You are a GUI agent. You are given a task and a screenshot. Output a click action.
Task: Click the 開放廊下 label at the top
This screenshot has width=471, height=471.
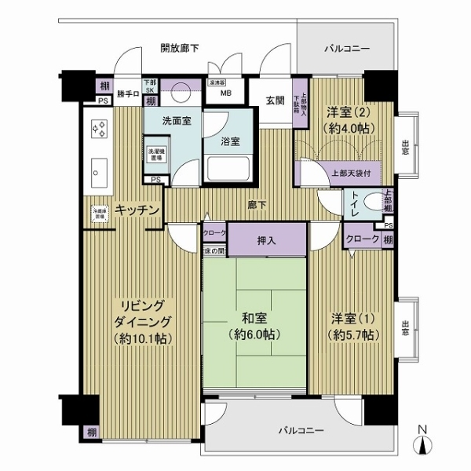click(x=179, y=49)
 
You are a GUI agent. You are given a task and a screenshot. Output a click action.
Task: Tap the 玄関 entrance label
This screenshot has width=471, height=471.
click(x=274, y=100)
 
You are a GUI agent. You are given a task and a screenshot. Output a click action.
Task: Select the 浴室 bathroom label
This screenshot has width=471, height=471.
click(x=230, y=141)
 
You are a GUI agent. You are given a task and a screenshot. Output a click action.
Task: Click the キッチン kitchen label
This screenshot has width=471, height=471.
click(x=137, y=210)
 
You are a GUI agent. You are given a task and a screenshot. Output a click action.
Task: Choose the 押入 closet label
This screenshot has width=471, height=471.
click(x=267, y=241)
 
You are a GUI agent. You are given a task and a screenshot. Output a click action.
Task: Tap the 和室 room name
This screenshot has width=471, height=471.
click(x=253, y=319)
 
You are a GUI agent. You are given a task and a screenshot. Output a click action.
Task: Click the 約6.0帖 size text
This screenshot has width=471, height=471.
click(x=253, y=335)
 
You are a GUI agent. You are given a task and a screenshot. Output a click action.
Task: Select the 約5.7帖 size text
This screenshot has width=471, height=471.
click(x=353, y=335)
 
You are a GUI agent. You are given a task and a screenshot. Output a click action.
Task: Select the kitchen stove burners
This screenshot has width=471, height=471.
click(x=100, y=130)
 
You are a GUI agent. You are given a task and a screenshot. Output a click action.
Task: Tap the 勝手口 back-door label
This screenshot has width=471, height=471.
click(x=126, y=95)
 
